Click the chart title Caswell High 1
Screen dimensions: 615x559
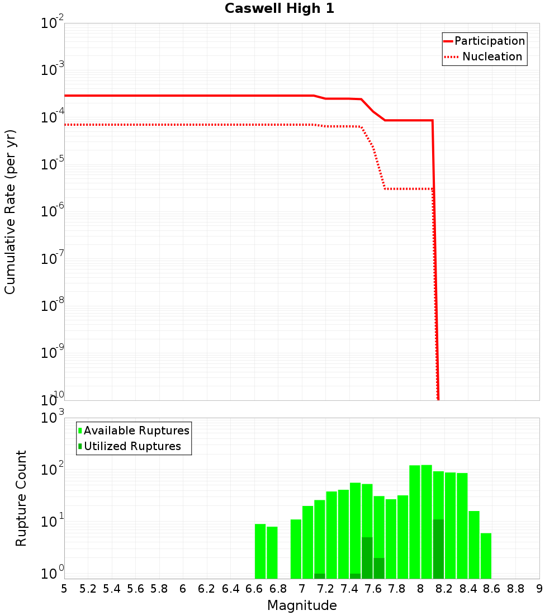pos(279,9)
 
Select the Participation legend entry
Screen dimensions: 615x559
pos(489,41)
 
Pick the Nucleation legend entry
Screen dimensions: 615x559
pos(492,57)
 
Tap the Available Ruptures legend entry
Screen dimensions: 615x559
pos(136,430)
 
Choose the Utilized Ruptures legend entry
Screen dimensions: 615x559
pos(132,446)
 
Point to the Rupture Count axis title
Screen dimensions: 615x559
pos(21,498)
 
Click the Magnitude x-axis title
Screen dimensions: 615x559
pos(302,605)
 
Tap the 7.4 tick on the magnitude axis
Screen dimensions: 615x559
pos(349,589)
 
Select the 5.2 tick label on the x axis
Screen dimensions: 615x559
pos(88,589)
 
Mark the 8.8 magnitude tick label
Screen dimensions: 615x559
pos(515,589)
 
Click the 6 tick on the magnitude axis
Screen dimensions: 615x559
pos(183,589)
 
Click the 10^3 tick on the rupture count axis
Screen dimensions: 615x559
pos(53,418)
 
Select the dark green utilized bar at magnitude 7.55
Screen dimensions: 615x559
pos(367,558)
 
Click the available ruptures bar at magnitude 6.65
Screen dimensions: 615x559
pos(260,551)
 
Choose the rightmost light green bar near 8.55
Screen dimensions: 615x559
pos(486,556)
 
